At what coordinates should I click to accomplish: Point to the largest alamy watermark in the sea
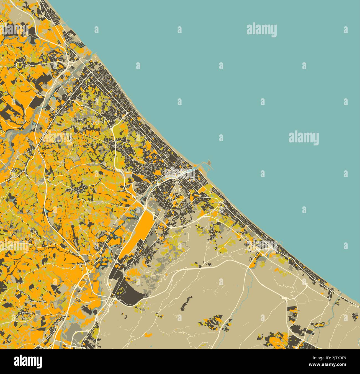(261, 30)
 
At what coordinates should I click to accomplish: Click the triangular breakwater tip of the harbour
(210, 163)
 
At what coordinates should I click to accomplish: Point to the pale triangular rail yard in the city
(176, 191)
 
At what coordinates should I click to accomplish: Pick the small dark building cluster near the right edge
(355, 316)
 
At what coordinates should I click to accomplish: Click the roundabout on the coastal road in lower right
(307, 285)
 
